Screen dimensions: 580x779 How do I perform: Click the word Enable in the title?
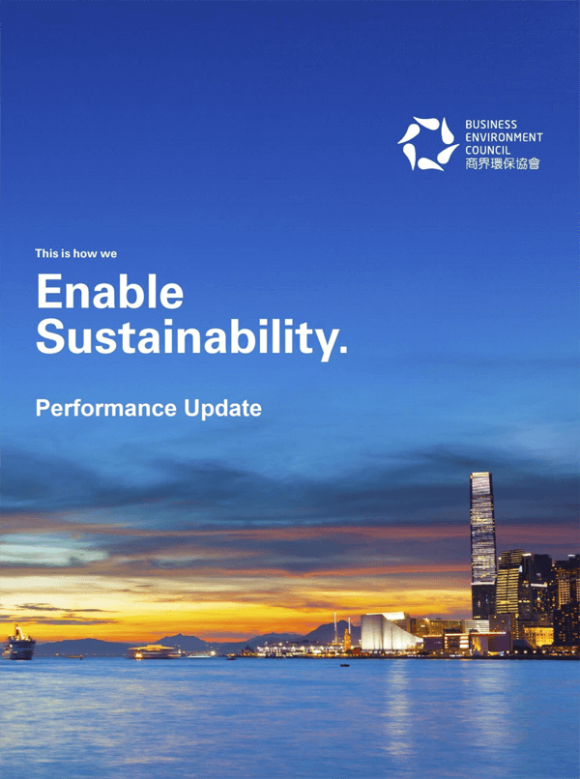click(x=110, y=292)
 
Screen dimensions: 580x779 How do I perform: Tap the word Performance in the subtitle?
click(x=106, y=409)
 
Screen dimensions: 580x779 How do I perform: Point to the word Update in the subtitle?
click(x=222, y=409)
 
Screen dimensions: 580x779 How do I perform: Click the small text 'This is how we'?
click(x=76, y=253)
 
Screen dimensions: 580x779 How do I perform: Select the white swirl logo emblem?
click(x=428, y=144)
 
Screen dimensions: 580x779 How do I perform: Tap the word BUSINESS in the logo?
click(x=491, y=125)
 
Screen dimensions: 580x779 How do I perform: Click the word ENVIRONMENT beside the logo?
click(x=504, y=137)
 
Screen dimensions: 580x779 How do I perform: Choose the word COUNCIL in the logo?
click(x=487, y=150)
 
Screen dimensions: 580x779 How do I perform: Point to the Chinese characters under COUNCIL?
click(x=503, y=163)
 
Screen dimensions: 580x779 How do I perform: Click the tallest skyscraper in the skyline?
click(x=483, y=545)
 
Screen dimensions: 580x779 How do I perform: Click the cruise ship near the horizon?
click(x=19, y=644)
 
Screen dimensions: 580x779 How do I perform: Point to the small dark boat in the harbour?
click(x=344, y=665)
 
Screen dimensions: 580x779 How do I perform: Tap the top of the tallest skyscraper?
click(x=480, y=474)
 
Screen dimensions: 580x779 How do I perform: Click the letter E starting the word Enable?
click(x=48, y=292)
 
